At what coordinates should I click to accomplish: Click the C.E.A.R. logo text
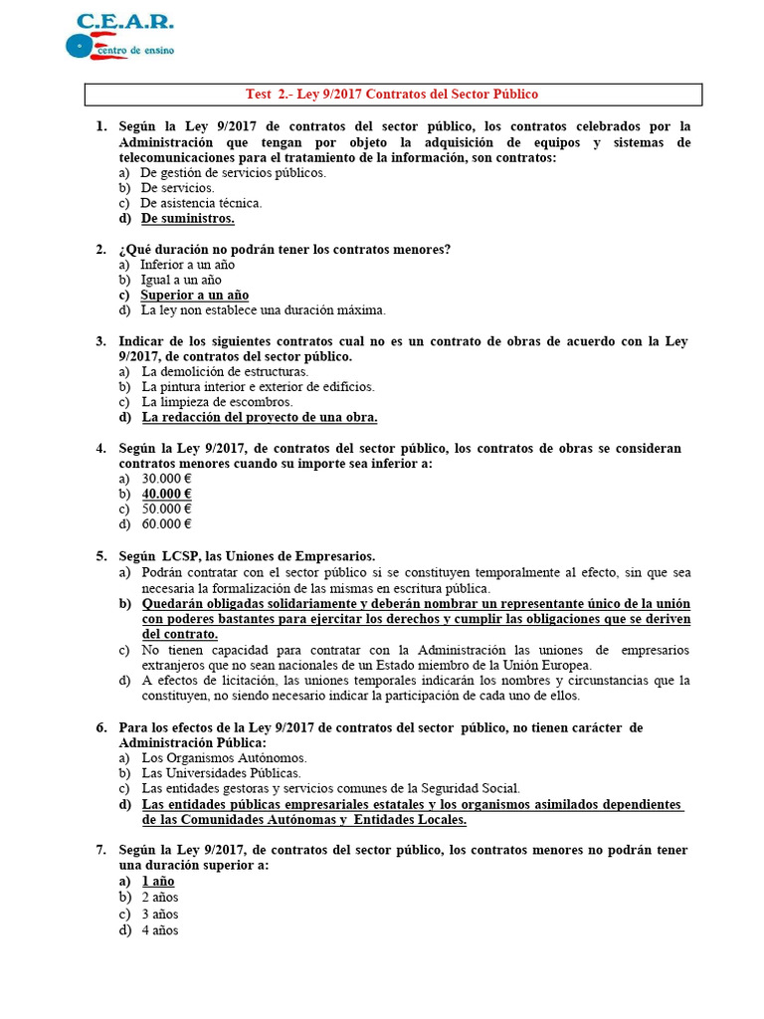125,21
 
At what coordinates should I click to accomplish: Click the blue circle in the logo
78,46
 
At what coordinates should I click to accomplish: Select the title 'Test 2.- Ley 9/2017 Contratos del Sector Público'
392,95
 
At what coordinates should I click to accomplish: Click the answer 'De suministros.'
187,219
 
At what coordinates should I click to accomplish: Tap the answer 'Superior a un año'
194,296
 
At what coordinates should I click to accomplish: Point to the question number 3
100,341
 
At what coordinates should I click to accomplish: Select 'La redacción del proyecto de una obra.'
260,418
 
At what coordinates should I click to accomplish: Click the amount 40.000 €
166,494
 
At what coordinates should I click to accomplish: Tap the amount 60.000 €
166,524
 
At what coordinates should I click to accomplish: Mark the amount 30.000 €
166,479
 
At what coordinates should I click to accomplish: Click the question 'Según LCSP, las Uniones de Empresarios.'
247,556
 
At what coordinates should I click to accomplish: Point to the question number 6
100,728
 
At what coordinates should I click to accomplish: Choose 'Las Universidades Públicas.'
221,773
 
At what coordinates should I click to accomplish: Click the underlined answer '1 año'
157,882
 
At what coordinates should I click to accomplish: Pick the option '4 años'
159,930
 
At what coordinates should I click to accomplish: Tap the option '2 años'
159,898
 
